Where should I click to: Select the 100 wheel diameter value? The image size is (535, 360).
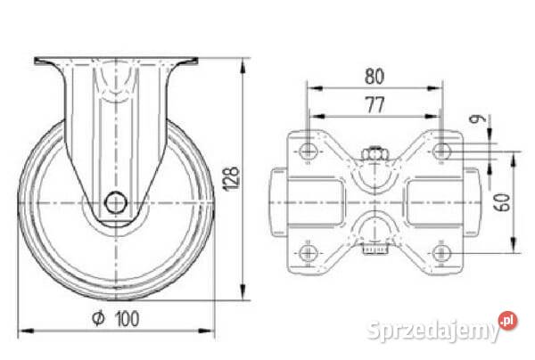click(128, 319)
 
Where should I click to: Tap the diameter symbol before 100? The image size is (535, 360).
click(98, 318)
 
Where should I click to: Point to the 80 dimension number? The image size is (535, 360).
click(374, 77)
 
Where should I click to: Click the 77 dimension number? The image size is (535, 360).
click(375, 104)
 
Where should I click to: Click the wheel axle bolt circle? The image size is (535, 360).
click(116, 203)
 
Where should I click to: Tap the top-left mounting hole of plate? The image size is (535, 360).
click(309, 151)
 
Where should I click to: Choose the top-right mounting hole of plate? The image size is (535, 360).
click(442, 151)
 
